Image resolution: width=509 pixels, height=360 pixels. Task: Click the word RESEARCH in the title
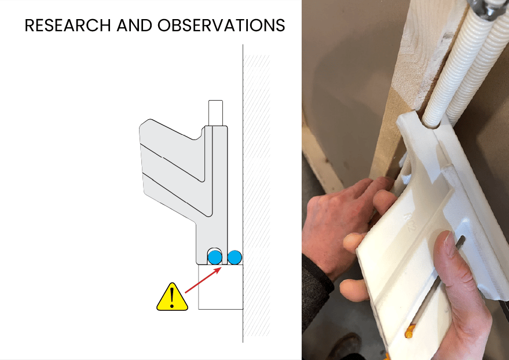pos(68,25)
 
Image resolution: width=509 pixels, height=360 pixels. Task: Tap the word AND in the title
pos(134,25)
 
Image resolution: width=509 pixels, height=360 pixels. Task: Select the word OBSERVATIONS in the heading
pos(221,25)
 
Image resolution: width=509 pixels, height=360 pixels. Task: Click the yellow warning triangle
pos(172,297)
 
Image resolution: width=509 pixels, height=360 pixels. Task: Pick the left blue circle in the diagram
pos(215,257)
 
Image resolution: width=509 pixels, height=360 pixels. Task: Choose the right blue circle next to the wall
pos(235,257)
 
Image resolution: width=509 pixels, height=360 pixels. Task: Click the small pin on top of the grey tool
pos(215,113)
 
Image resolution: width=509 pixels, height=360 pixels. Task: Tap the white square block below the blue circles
pos(221,287)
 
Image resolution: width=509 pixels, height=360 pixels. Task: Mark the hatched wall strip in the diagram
pos(257,195)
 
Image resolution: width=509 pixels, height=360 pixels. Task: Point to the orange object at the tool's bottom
pos(409,331)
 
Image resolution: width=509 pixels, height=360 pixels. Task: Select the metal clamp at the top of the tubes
pos(485,9)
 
